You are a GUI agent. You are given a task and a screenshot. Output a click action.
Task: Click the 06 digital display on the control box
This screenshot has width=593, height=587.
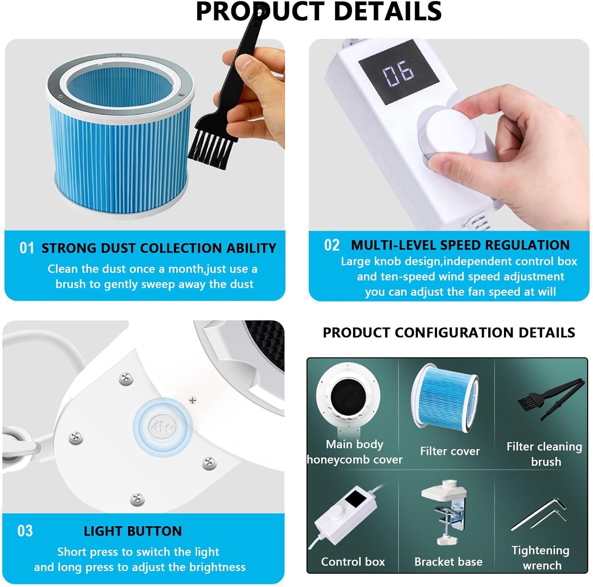398,72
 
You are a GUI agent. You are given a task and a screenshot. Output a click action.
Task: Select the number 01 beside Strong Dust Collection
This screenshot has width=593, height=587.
27,248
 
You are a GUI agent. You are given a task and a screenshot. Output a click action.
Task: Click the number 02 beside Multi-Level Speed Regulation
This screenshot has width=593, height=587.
332,245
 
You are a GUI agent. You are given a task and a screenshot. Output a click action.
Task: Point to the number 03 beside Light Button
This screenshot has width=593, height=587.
25,531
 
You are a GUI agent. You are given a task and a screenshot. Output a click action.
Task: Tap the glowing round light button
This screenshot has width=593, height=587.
162,427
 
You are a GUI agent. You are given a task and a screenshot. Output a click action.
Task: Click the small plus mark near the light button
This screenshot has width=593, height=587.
193,401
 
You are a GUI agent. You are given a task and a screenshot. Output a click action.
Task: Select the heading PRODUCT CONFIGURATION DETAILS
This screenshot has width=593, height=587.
449,333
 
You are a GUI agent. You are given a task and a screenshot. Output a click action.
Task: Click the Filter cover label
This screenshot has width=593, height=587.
450,451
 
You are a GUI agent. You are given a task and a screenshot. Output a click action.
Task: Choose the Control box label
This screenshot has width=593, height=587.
353,562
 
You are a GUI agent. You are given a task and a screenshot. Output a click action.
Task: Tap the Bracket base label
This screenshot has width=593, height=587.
448,562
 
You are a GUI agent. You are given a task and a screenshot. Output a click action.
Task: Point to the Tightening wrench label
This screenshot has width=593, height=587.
541,558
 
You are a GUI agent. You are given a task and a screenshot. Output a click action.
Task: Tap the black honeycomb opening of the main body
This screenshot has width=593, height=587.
348,396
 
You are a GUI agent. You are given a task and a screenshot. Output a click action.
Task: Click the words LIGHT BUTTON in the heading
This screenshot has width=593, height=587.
132,531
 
